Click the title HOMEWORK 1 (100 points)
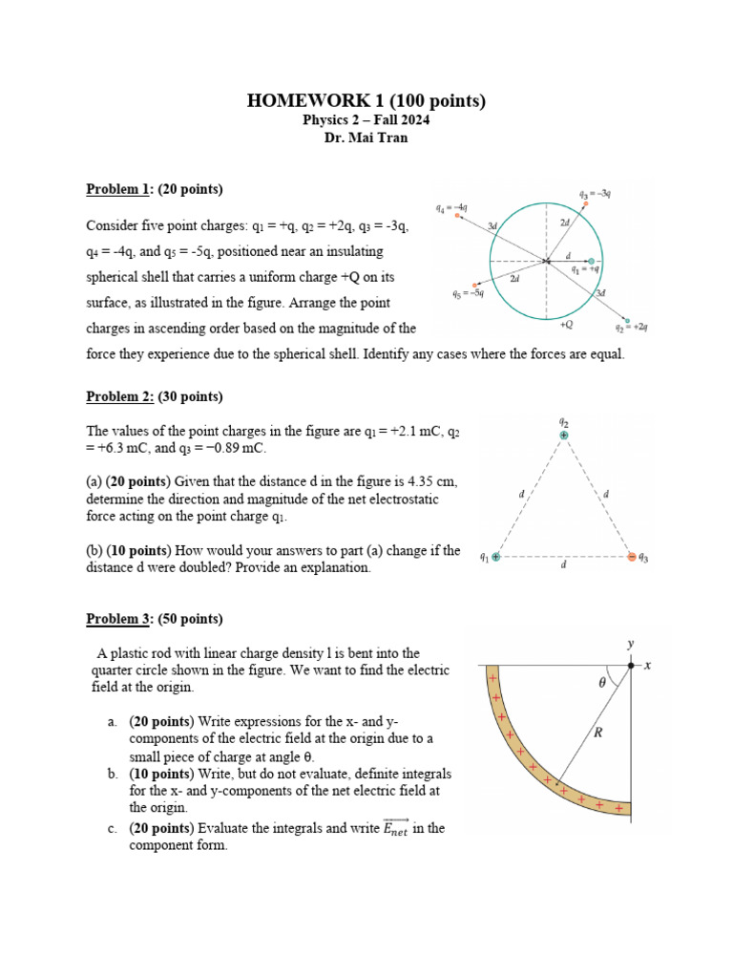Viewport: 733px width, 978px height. (x=366, y=100)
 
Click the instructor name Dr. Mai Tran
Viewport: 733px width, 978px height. (x=366, y=138)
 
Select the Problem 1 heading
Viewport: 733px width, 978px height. (x=155, y=189)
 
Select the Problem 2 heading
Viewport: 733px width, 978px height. (x=155, y=396)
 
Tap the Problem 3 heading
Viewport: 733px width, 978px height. (x=155, y=619)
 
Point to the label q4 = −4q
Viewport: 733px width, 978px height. (x=450, y=206)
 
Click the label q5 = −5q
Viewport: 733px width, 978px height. (x=468, y=294)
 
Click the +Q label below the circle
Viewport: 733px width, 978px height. (x=567, y=325)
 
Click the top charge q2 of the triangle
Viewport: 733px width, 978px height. (x=564, y=436)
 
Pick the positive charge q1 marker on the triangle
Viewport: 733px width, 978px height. (x=496, y=557)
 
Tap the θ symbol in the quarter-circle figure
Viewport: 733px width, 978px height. (x=601, y=683)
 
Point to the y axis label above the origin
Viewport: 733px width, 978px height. (x=630, y=645)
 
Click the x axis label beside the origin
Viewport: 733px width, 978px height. (x=647, y=665)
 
